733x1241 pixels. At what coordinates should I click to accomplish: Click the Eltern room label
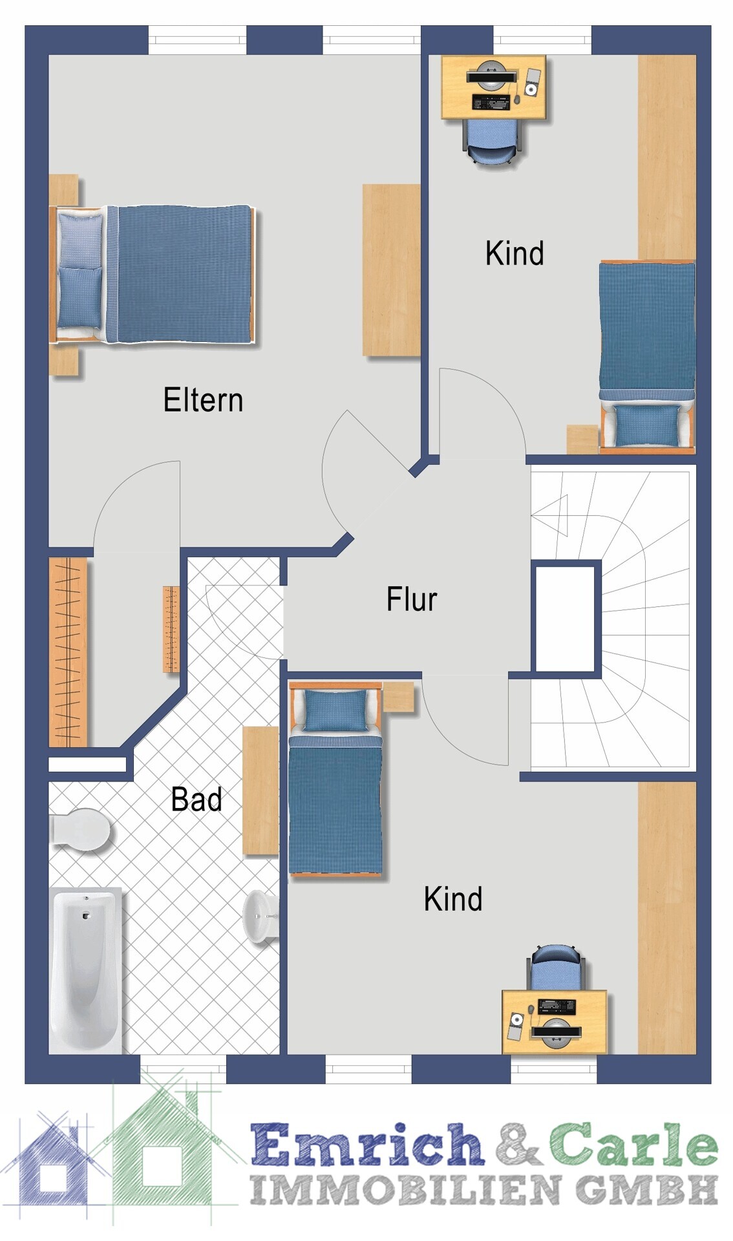pyautogui.click(x=203, y=399)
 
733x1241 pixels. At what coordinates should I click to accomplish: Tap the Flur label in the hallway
pyautogui.click(x=412, y=599)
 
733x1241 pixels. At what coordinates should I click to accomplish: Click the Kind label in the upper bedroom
pyautogui.click(x=515, y=253)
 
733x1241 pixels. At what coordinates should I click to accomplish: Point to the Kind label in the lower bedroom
pyautogui.click(x=453, y=898)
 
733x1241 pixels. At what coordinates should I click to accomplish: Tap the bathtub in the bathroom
pyautogui.click(x=85, y=970)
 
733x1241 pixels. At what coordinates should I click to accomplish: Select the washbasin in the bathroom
pyautogui.click(x=261, y=916)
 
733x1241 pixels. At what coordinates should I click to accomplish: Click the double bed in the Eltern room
pyautogui.click(x=153, y=275)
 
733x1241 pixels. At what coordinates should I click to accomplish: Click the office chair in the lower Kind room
pyautogui.click(x=556, y=967)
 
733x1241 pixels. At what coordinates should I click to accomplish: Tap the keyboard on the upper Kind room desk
pyautogui.click(x=491, y=101)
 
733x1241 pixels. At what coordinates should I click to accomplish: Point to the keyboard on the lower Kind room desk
pyautogui.click(x=557, y=1006)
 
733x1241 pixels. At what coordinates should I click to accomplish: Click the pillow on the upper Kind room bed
pyautogui.click(x=648, y=425)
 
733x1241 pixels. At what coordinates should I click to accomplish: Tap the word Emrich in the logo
pyautogui.click(x=367, y=1144)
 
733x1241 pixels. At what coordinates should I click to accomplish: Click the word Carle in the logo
pyautogui.click(x=633, y=1143)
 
